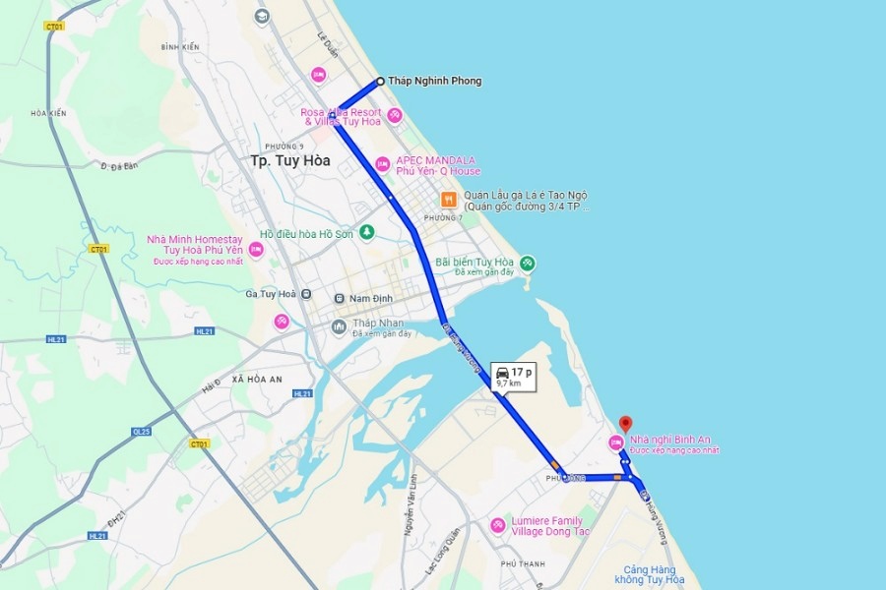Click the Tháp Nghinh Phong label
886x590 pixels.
pos(434,81)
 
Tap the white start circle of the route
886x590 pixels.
pos(380,81)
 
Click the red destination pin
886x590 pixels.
pos(624,424)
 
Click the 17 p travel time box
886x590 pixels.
pos(513,376)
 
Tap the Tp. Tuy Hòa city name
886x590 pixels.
pos(289,160)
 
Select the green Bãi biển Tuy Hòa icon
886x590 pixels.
pos(528,263)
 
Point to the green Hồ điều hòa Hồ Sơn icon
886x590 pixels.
pos(366,232)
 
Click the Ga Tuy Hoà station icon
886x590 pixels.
pos(307,294)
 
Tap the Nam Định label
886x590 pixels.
pos(371,297)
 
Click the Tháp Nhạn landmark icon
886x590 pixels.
pos(339,326)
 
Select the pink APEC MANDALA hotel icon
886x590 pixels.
pos(383,164)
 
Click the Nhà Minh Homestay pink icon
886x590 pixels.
pos(255,250)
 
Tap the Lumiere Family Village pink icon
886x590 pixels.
pos(498,525)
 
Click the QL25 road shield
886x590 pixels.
pos(142,431)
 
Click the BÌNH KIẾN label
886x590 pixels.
pos(180,46)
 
